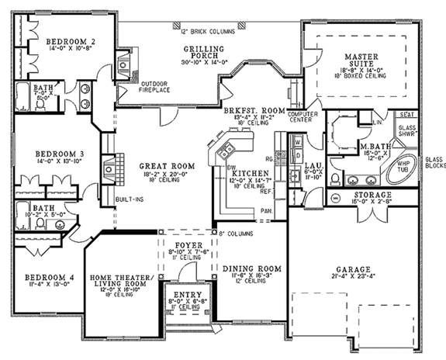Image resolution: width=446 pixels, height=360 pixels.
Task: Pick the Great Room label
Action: tap(167, 166)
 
